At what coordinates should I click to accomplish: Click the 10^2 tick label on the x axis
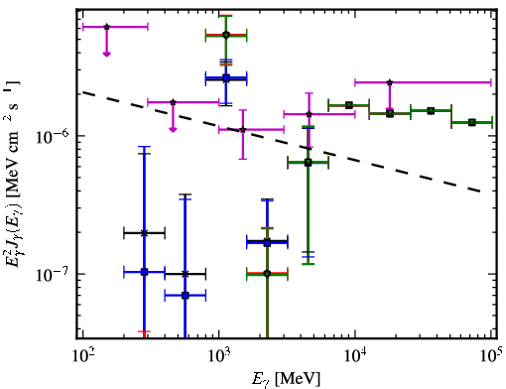coord(82,356)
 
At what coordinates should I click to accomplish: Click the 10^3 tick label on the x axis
coord(219,356)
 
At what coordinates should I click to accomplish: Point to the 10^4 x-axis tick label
coord(355,356)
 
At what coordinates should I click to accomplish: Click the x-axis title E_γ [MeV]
coord(286,379)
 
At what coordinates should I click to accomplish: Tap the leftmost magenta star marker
coord(106,27)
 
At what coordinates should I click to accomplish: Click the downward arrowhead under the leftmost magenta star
coord(106,54)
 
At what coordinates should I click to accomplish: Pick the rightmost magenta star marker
coord(390,82)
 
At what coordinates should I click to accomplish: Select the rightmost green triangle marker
coord(472,123)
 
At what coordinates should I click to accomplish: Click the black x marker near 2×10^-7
coord(144,233)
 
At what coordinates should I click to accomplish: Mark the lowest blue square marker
coord(186,296)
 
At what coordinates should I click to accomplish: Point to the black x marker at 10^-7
coord(186,274)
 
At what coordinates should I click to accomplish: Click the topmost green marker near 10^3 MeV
coord(226,35)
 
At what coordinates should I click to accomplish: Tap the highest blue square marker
coord(226,78)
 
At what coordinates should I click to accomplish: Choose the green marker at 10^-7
coord(267,274)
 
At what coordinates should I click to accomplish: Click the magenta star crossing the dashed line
coord(243,129)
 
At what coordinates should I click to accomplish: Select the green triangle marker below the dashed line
coord(309,163)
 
